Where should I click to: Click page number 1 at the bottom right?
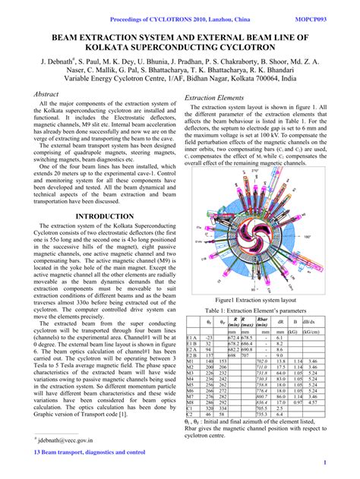coord(324,462)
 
